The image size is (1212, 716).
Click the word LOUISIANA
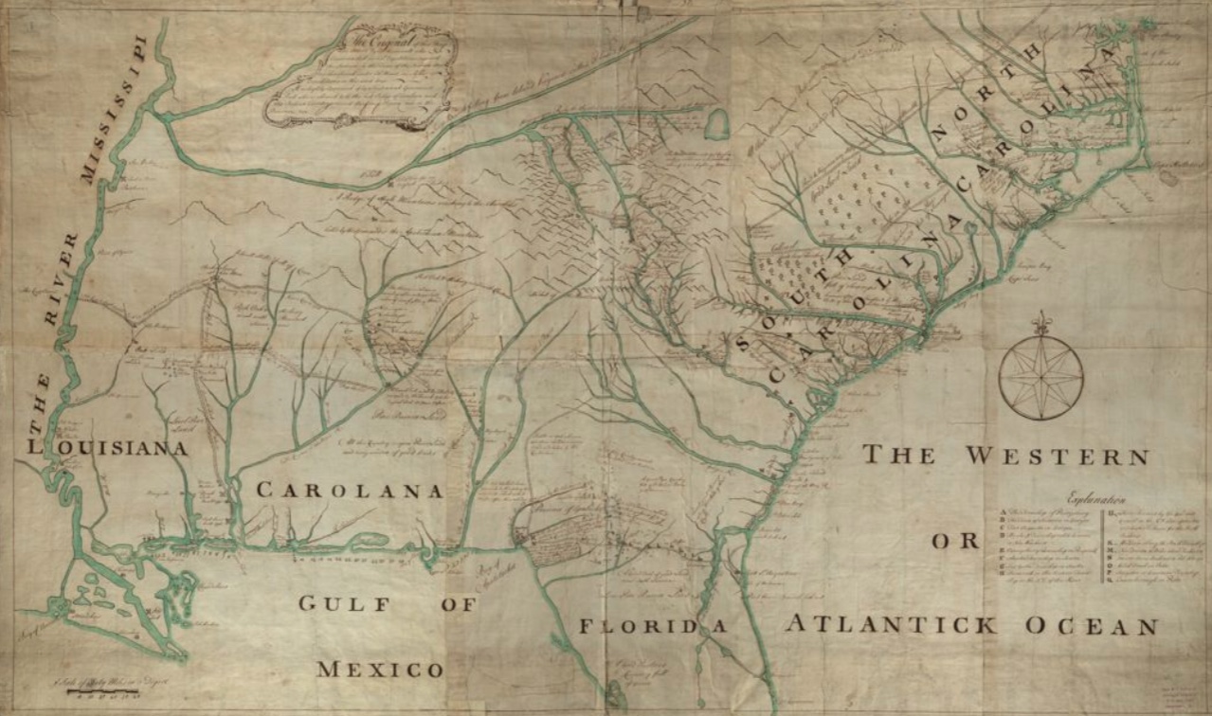(105, 448)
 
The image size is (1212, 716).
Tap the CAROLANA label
(350, 491)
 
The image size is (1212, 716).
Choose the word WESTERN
(1057, 456)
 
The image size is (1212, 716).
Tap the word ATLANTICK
(891, 624)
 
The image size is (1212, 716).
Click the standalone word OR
(953, 542)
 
